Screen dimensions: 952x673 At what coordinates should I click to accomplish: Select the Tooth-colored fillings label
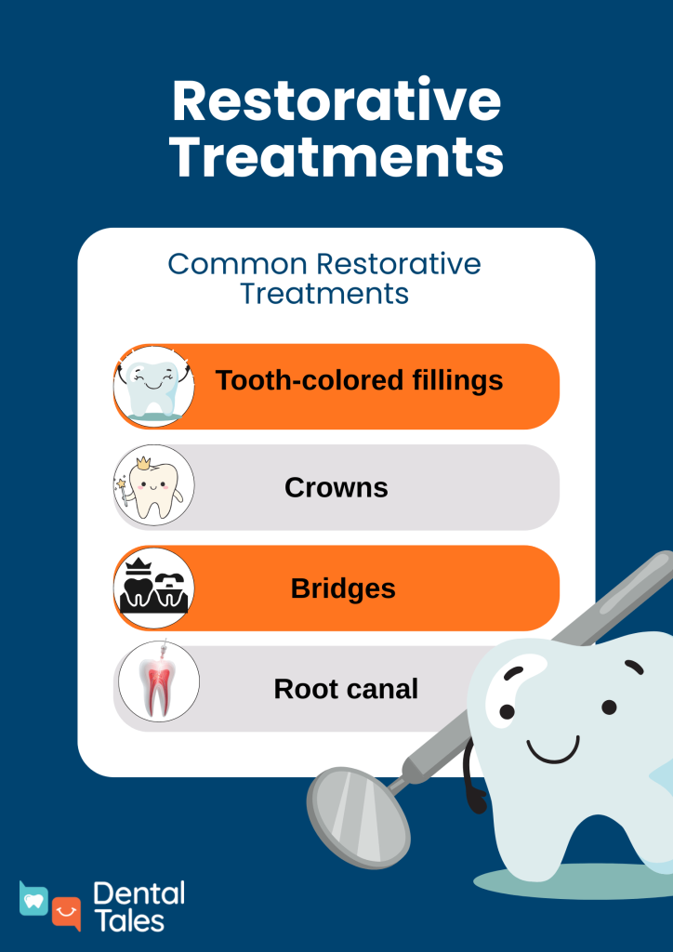359,380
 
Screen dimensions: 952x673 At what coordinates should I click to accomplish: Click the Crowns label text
336,487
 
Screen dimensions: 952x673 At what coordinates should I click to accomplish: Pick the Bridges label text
343,588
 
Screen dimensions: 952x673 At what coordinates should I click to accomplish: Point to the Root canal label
346,689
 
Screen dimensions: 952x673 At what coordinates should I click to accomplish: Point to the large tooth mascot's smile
553,749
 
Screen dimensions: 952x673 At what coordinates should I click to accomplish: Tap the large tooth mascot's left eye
508,711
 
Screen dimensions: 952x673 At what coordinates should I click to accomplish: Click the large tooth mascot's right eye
609,707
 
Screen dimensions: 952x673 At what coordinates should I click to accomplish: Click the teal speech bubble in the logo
34,898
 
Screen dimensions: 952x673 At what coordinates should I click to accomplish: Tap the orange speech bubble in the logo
66,913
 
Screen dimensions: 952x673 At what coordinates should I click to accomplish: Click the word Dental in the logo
139,894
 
